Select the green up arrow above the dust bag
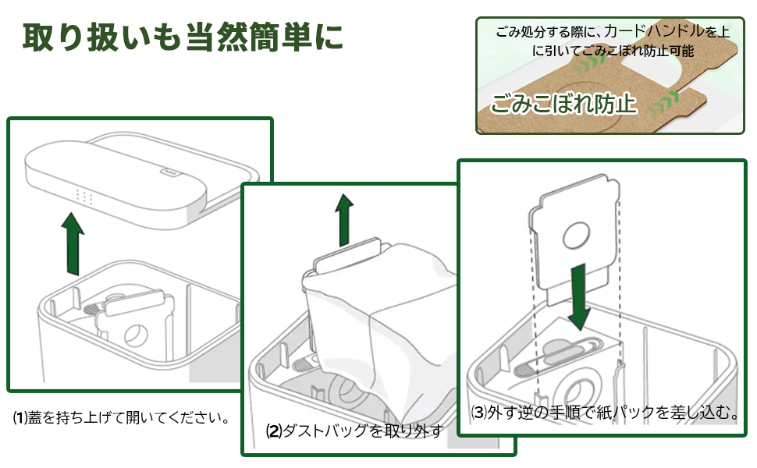point(343,221)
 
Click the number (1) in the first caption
point(20,417)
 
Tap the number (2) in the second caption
point(273,431)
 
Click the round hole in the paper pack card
point(578,233)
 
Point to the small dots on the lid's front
point(84,197)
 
